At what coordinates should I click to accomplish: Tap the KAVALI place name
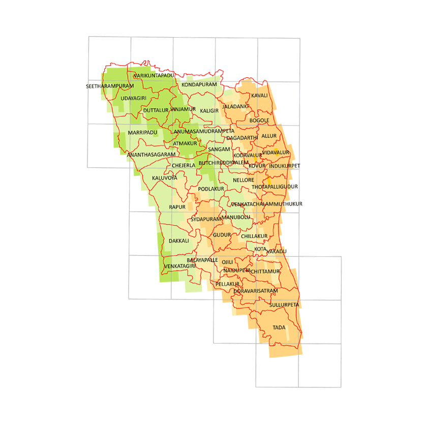pyautogui.click(x=259, y=96)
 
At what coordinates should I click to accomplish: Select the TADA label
pyautogui.click(x=279, y=327)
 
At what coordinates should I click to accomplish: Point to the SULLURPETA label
pyautogui.click(x=284, y=304)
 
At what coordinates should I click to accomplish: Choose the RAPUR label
pyautogui.click(x=177, y=207)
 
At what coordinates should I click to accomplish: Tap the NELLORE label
pyautogui.click(x=243, y=180)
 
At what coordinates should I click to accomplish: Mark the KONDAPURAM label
pyautogui.click(x=196, y=84)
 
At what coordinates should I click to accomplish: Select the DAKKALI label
pyautogui.click(x=179, y=241)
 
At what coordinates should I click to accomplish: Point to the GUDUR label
pyautogui.click(x=222, y=235)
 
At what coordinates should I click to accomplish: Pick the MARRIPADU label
pyautogui.click(x=143, y=133)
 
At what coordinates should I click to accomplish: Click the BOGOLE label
pyautogui.click(x=259, y=120)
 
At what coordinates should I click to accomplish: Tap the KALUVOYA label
pyautogui.click(x=165, y=178)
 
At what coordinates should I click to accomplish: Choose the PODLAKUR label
pyautogui.click(x=211, y=189)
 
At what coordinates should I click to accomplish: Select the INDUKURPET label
pyautogui.click(x=285, y=166)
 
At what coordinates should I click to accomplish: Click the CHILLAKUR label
pyautogui.click(x=254, y=236)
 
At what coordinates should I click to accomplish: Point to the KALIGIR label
pyautogui.click(x=209, y=111)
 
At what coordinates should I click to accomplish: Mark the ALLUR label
pyautogui.click(x=269, y=136)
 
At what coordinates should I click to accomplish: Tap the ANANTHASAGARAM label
pyautogui.click(x=151, y=155)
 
